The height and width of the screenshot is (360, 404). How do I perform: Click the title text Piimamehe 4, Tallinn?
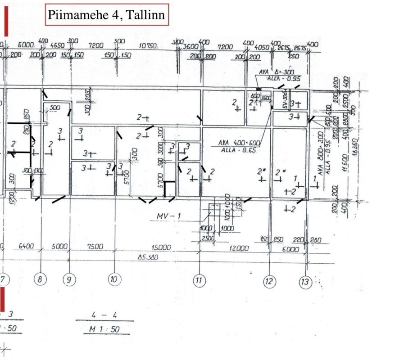[107, 15]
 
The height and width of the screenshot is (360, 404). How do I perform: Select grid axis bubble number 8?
[41, 280]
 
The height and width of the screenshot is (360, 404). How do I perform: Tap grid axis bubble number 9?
[68, 280]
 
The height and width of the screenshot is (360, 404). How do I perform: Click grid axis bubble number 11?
[199, 281]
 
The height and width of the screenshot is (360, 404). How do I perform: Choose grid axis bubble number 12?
[269, 282]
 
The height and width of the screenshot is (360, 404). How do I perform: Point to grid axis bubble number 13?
[305, 282]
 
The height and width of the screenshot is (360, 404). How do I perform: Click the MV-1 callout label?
[168, 217]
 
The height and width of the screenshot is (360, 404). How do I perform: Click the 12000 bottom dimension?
[238, 248]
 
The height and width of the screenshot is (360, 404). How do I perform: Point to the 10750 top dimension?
[148, 46]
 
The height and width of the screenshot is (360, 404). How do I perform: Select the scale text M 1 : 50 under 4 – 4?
[102, 330]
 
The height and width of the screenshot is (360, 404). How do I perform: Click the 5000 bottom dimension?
[59, 247]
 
